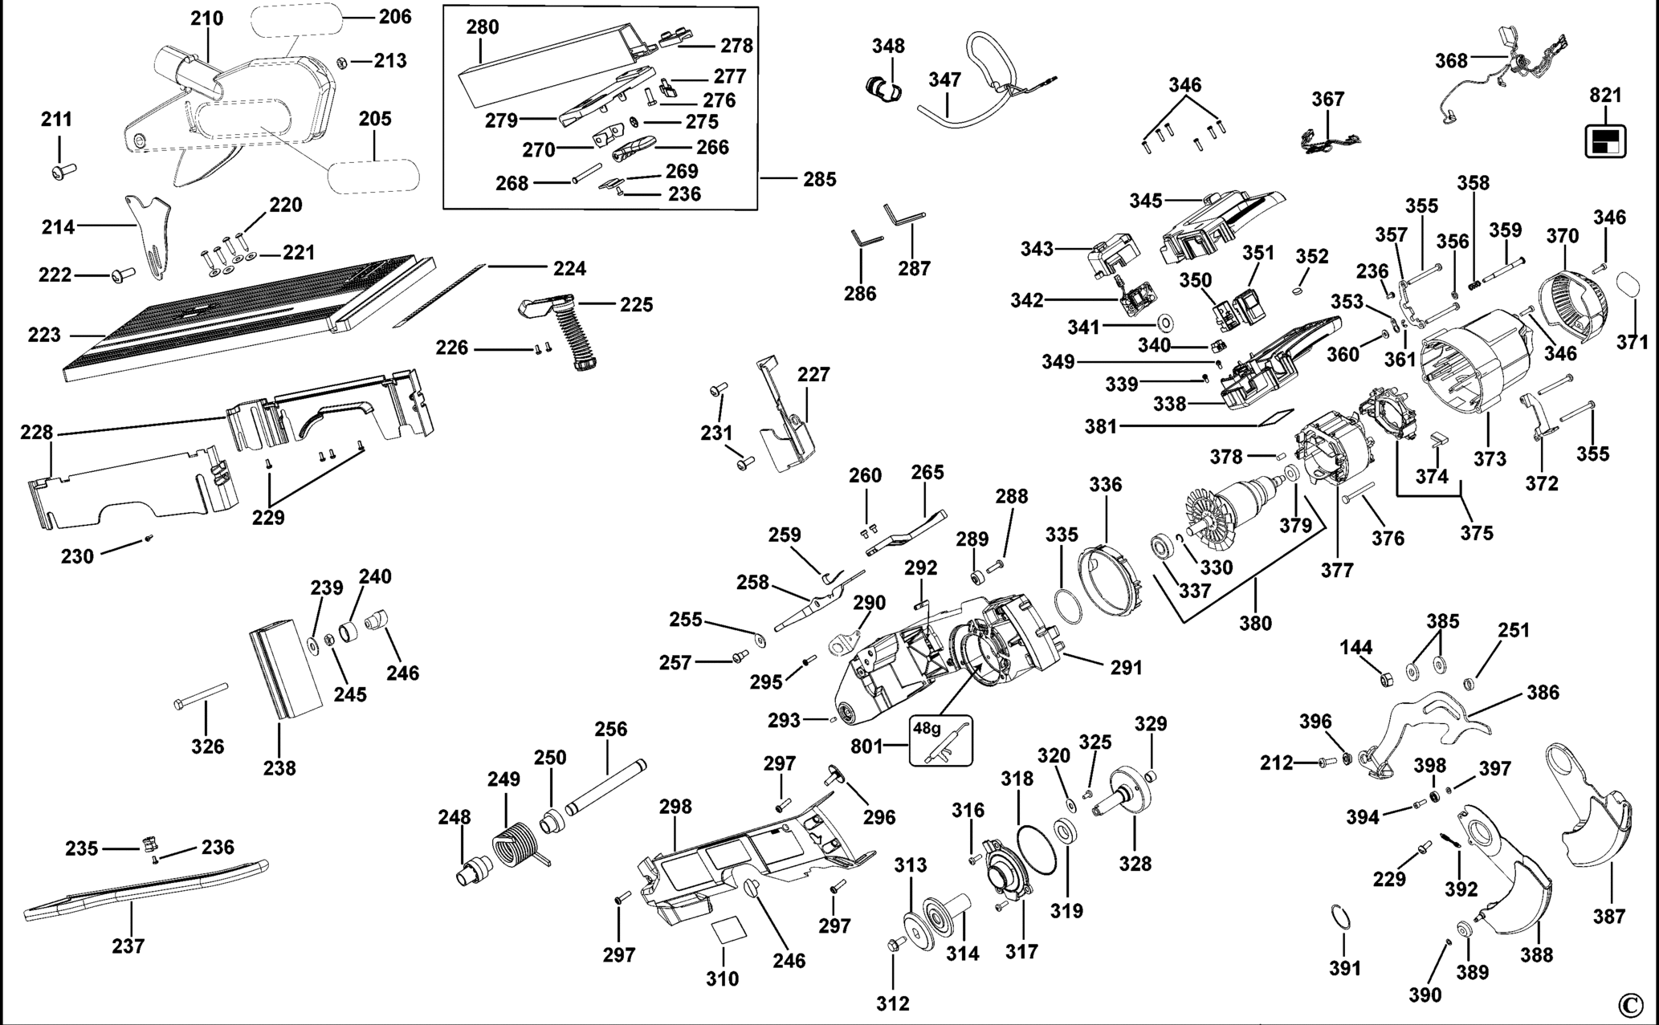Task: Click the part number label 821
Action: click(x=1606, y=95)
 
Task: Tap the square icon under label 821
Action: click(x=1605, y=141)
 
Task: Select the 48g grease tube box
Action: click(x=941, y=740)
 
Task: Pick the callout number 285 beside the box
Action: click(x=819, y=179)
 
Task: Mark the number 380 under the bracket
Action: click(x=1255, y=623)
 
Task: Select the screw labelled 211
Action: click(x=62, y=170)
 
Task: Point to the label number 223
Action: click(x=44, y=334)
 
